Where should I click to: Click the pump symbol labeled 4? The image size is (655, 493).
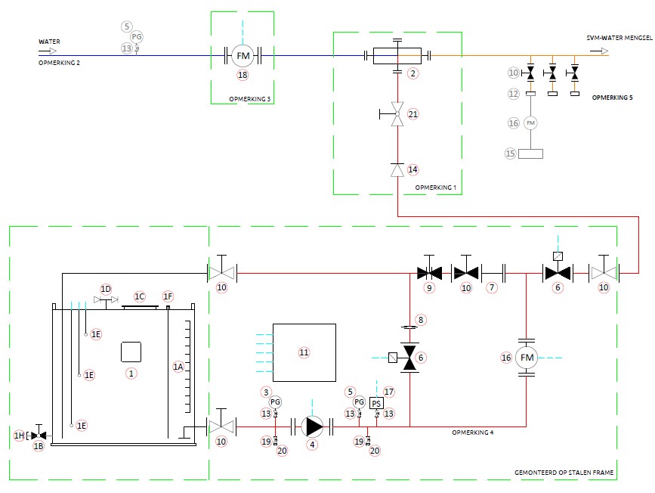312,426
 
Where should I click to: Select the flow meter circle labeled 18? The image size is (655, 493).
243,55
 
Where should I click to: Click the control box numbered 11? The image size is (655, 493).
304,352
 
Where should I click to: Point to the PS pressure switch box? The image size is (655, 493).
376,402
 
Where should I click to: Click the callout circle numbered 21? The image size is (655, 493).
412,113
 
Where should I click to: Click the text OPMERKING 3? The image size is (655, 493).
249,99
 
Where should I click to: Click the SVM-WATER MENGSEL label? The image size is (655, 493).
619,38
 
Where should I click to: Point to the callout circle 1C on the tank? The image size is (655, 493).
140,296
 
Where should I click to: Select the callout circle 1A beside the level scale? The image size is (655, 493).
178,366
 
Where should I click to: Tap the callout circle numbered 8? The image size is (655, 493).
422,319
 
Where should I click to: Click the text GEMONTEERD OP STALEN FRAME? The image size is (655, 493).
564,472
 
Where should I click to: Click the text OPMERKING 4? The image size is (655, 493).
472,433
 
